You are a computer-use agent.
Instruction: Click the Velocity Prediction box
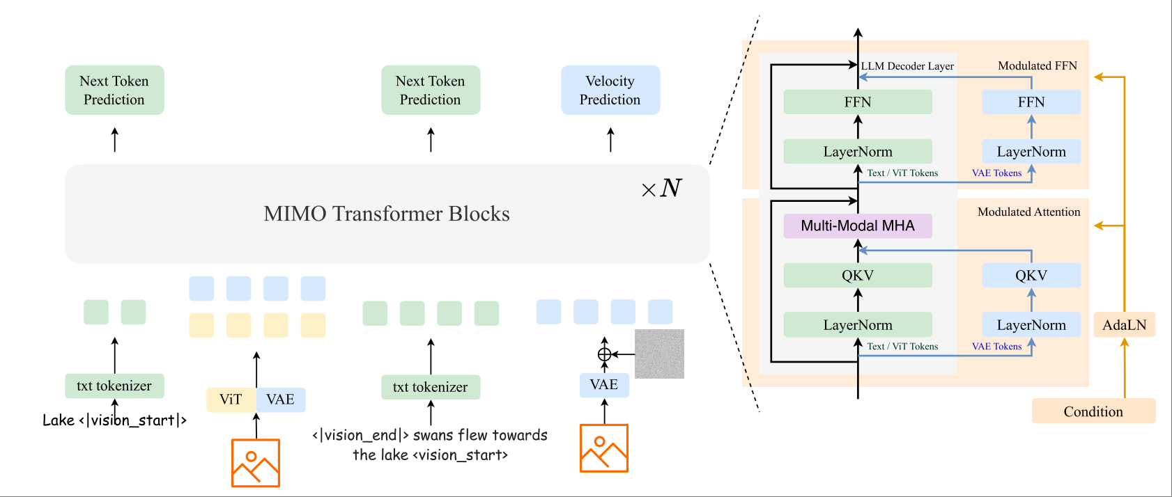(x=610, y=90)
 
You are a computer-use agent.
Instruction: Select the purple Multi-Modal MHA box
(x=857, y=226)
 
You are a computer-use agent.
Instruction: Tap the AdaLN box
(x=1124, y=325)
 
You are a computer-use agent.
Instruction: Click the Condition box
(x=1093, y=411)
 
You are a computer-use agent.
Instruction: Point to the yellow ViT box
(x=231, y=400)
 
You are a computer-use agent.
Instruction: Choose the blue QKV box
(x=1031, y=275)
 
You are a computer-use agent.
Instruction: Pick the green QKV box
(x=857, y=275)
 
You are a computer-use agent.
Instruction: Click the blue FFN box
(x=1031, y=102)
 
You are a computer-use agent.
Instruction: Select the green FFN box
(x=857, y=102)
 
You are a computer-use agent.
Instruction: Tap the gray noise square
(x=659, y=354)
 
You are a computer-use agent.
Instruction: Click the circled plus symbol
(x=604, y=354)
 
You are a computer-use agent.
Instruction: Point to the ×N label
(x=661, y=188)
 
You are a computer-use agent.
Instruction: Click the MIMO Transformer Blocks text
(x=386, y=214)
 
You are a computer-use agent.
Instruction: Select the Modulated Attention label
(x=1028, y=212)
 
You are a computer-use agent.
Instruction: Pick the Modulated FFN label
(x=1037, y=65)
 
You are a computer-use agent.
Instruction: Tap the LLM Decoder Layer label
(x=907, y=66)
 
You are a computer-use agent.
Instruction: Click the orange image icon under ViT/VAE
(x=256, y=462)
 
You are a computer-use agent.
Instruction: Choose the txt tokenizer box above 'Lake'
(x=114, y=386)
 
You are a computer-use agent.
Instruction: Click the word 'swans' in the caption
(x=433, y=435)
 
